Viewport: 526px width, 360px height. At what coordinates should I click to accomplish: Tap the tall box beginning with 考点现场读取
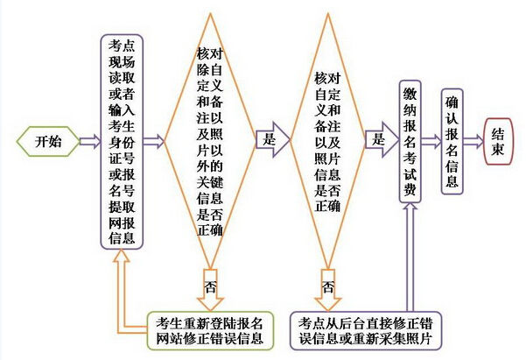tap(122, 141)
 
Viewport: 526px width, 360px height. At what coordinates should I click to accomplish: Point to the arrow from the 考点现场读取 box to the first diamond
tap(154, 141)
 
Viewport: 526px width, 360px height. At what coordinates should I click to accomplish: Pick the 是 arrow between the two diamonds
tap(272, 141)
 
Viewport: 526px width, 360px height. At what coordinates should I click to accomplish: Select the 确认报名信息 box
tap(452, 139)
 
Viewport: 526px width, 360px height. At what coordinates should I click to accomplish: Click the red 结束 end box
tap(498, 141)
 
